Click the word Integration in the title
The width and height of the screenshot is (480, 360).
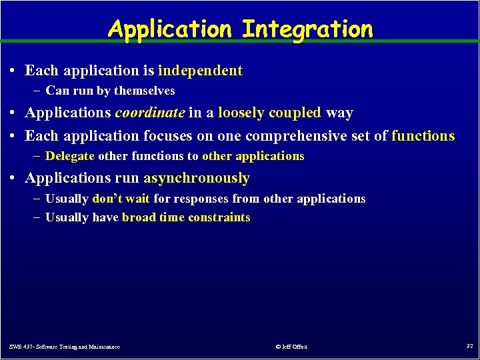click(307, 29)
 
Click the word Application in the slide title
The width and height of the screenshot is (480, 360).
click(171, 29)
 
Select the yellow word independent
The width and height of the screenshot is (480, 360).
click(200, 71)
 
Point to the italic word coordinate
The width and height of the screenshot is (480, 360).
click(150, 113)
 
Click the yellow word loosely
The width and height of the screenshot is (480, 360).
click(242, 113)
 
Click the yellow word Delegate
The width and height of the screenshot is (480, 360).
click(70, 156)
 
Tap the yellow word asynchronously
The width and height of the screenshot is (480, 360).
click(197, 179)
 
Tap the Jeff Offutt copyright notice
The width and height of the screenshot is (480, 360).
click(291, 347)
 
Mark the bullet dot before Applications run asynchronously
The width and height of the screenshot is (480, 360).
click(15, 179)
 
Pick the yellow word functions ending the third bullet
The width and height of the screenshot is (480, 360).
click(423, 136)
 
